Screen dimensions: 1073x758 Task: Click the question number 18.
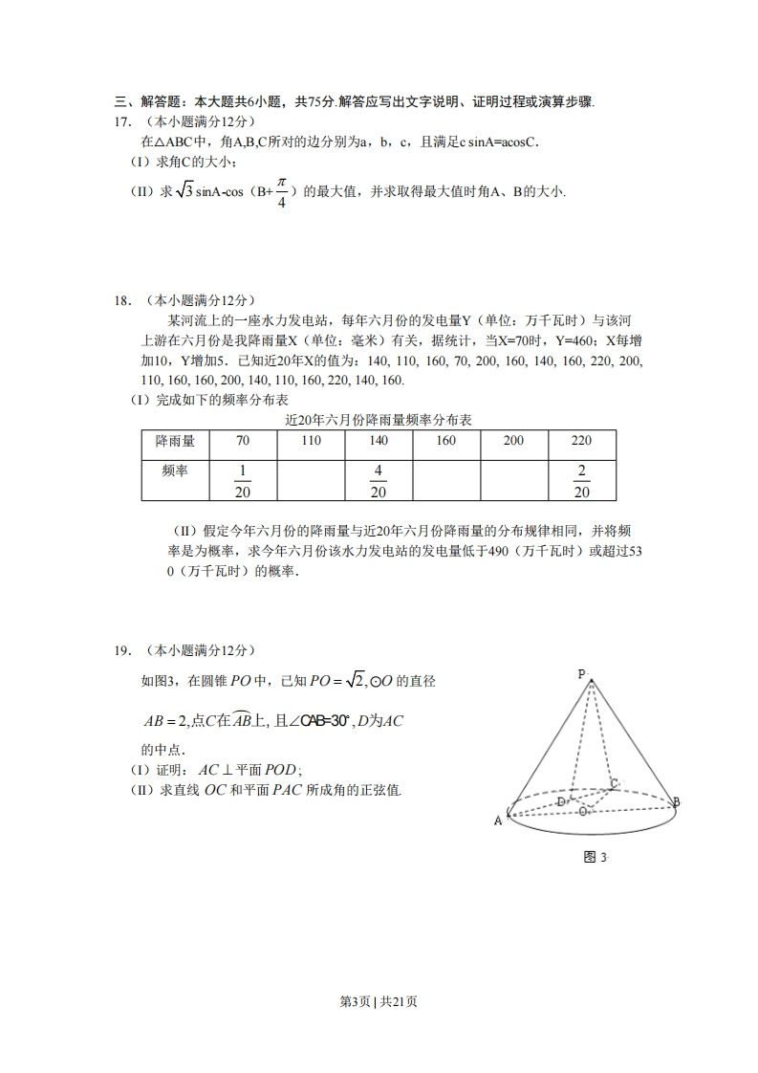click(x=121, y=300)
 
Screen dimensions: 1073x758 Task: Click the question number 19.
click(x=121, y=651)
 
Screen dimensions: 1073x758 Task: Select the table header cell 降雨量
click(x=175, y=441)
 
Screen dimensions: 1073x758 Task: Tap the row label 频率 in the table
click(x=175, y=471)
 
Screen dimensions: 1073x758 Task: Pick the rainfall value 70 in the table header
click(x=242, y=441)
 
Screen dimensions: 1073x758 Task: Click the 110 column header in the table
click(x=311, y=441)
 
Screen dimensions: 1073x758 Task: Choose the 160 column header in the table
click(x=446, y=441)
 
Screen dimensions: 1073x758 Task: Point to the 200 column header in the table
click(x=513, y=441)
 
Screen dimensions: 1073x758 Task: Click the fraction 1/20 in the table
click(x=242, y=481)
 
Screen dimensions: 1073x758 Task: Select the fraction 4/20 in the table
click(x=379, y=481)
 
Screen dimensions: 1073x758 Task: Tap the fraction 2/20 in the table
click(x=581, y=481)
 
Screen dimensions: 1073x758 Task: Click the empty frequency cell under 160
click(x=446, y=481)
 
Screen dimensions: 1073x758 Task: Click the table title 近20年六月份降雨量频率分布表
click(x=379, y=421)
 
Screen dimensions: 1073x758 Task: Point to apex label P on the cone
click(x=581, y=674)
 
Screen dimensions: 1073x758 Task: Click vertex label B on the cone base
click(x=676, y=802)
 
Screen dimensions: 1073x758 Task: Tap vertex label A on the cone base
click(x=498, y=821)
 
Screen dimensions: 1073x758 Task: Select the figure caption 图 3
click(x=595, y=857)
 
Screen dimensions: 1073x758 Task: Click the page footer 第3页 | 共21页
click(x=379, y=1001)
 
